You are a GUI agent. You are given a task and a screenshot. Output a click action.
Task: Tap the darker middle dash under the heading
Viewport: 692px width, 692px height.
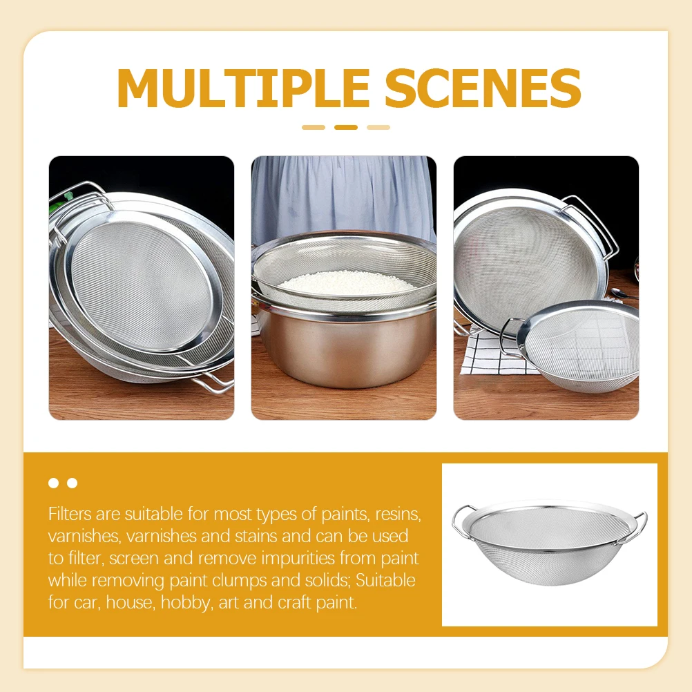tap(345, 127)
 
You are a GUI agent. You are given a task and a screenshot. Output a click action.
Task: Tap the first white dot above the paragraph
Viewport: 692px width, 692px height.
tap(54, 483)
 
